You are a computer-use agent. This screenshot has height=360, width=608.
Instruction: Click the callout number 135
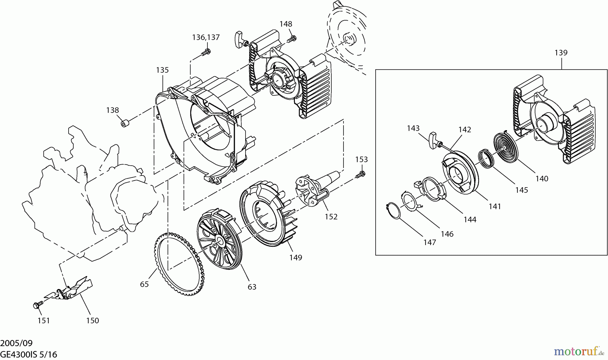[162, 70]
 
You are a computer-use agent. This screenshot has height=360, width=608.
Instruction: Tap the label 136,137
[206, 37]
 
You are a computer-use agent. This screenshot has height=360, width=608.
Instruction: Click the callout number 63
[252, 287]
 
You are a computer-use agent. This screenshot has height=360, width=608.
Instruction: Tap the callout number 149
[296, 258]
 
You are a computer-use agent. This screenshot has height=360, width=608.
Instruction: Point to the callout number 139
[561, 53]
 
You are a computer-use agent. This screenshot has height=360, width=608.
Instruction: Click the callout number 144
[470, 220]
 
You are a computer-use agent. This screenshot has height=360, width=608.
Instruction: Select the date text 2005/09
[16, 343]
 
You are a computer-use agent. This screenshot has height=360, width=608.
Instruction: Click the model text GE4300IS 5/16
[28, 355]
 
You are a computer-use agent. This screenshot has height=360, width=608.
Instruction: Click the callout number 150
[92, 320]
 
